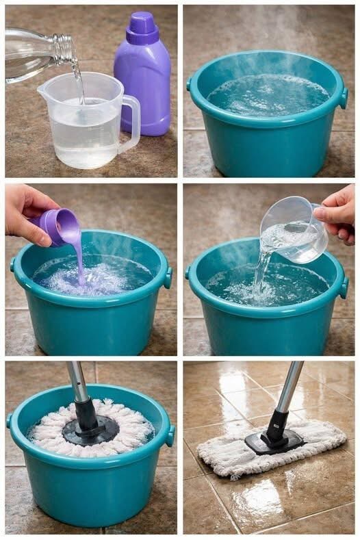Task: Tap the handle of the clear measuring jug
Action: [130, 123]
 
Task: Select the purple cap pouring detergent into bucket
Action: [57, 226]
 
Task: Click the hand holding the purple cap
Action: [27, 212]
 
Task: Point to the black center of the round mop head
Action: [90, 430]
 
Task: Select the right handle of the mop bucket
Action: [169, 435]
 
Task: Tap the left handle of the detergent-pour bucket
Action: [12, 265]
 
